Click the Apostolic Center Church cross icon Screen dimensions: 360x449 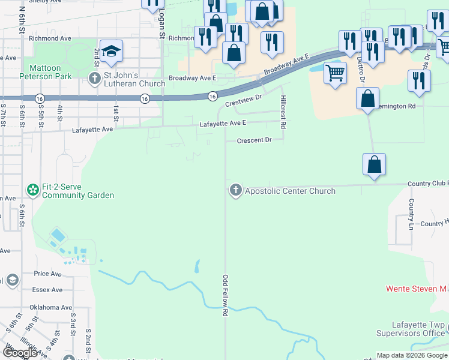click(235, 191)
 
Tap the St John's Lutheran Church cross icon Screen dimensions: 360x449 click(94, 78)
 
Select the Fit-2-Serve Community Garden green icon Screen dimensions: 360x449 click(32, 190)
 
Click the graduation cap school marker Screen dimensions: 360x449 click(111, 52)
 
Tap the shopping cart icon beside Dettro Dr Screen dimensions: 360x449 click(335, 73)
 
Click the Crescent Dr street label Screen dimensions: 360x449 click(255, 140)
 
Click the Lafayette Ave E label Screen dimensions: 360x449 click(223, 123)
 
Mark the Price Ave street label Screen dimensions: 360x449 click(48, 274)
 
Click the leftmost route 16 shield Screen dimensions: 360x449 click(40, 98)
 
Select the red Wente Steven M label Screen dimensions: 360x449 click(417, 289)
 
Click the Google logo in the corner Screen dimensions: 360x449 click(20, 353)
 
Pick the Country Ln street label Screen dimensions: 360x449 click(412, 214)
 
